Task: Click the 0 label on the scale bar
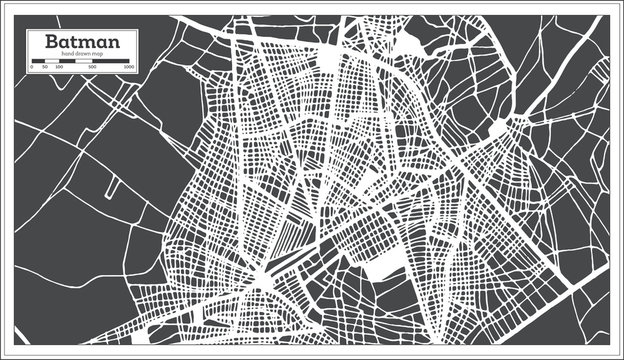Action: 33,67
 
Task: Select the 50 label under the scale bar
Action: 46,67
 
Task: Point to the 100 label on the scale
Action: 59,67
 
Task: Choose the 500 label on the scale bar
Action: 92,67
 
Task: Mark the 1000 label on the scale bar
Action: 129,67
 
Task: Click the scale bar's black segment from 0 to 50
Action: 39,62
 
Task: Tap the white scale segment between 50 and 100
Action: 52,62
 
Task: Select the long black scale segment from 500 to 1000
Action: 111,62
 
